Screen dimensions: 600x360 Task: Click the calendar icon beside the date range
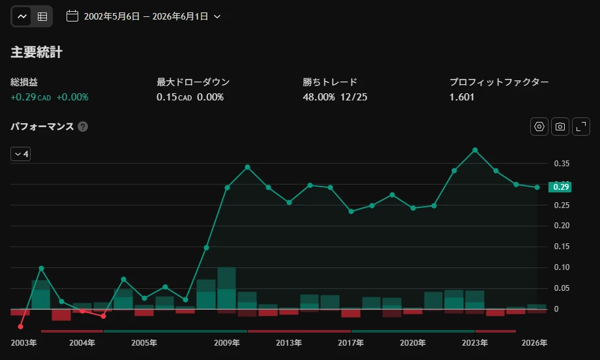click(x=72, y=16)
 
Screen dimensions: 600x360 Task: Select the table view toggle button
click(x=42, y=16)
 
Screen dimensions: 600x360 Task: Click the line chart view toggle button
click(x=22, y=16)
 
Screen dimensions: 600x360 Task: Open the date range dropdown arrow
click(x=217, y=16)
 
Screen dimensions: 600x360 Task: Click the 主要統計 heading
click(x=37, y=52)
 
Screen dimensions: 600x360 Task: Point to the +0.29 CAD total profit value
click(x=31, y=97)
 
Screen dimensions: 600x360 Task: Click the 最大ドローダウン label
click(x=193, y=82)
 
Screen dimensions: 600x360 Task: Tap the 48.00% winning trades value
click(x=319, y=97)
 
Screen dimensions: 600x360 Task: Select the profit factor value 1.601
click(x=462, y=97)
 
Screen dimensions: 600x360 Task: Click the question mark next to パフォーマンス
click(x=83, y=127)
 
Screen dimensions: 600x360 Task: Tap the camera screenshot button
click(x=560, y=127)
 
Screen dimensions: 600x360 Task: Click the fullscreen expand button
click(x=581, y=127)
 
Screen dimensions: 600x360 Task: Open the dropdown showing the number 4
click(x=21, y=154)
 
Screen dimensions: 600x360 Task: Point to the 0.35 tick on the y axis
click(x=562, y=163)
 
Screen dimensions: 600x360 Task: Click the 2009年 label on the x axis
click(x=227, y=342)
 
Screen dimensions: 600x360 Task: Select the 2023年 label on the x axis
click(x=475, y=342)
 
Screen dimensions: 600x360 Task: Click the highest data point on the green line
click(x=475, y=151)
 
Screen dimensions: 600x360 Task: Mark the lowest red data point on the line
click(x=21, y=326)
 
